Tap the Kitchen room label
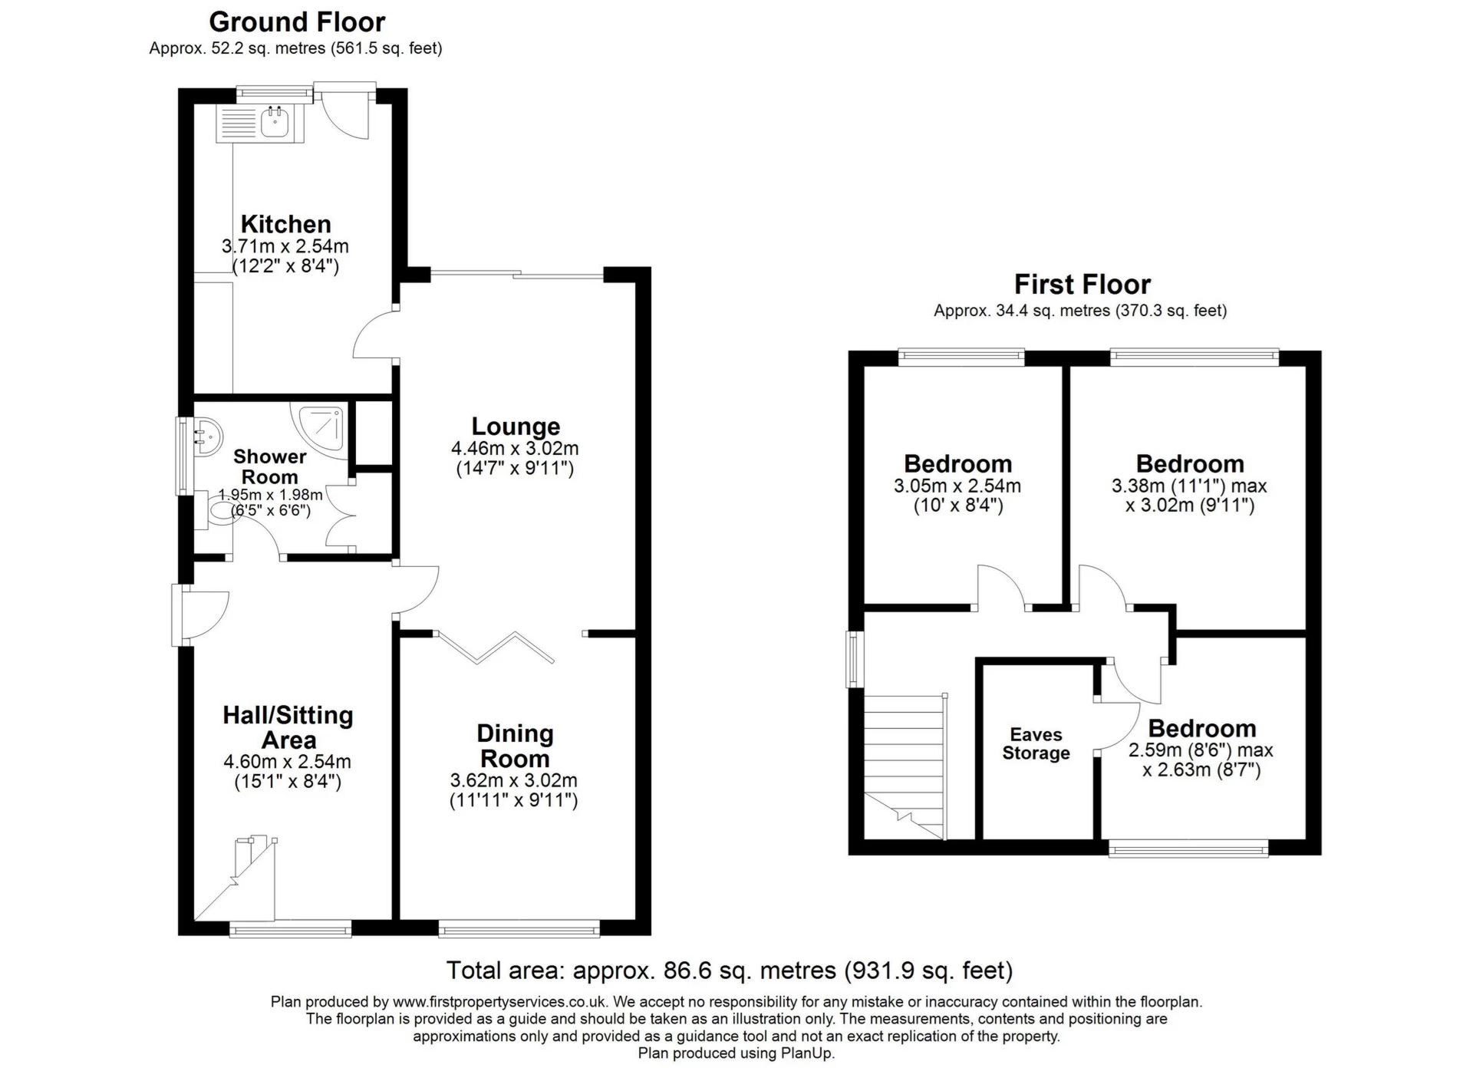point(285,224)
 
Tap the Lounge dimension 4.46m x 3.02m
point(515,448)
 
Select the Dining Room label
point(514,746)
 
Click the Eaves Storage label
point(1036,743)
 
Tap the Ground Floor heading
point(297,21)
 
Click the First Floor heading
point(1082,285)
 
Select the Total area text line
point(729,970)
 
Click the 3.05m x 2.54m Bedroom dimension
point(957,486)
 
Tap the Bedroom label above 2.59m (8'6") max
point(1201,728)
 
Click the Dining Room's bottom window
point(519,930)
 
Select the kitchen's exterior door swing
point(344,115)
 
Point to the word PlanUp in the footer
point(807,1053)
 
